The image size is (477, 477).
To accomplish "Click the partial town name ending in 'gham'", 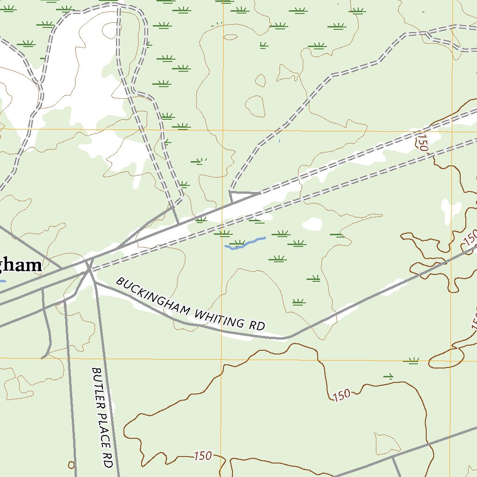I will [x=20, y=266].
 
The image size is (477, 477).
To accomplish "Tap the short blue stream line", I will [x=245, y=244].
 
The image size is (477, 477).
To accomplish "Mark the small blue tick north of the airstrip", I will [x=279, y=140].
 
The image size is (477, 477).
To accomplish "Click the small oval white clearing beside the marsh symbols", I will [x=312, y=225].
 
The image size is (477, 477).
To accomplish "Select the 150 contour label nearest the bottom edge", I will [x=203, y=456].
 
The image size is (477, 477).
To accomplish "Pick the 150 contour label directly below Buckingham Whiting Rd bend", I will [x=341, y=395].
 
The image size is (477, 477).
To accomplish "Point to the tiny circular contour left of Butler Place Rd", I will [x=71, y=464].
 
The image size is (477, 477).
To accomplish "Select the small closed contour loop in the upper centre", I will [x=255, y=106].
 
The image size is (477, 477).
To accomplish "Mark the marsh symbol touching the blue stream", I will [x=238, y=243].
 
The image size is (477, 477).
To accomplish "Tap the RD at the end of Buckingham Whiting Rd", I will [x=257, y=325].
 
